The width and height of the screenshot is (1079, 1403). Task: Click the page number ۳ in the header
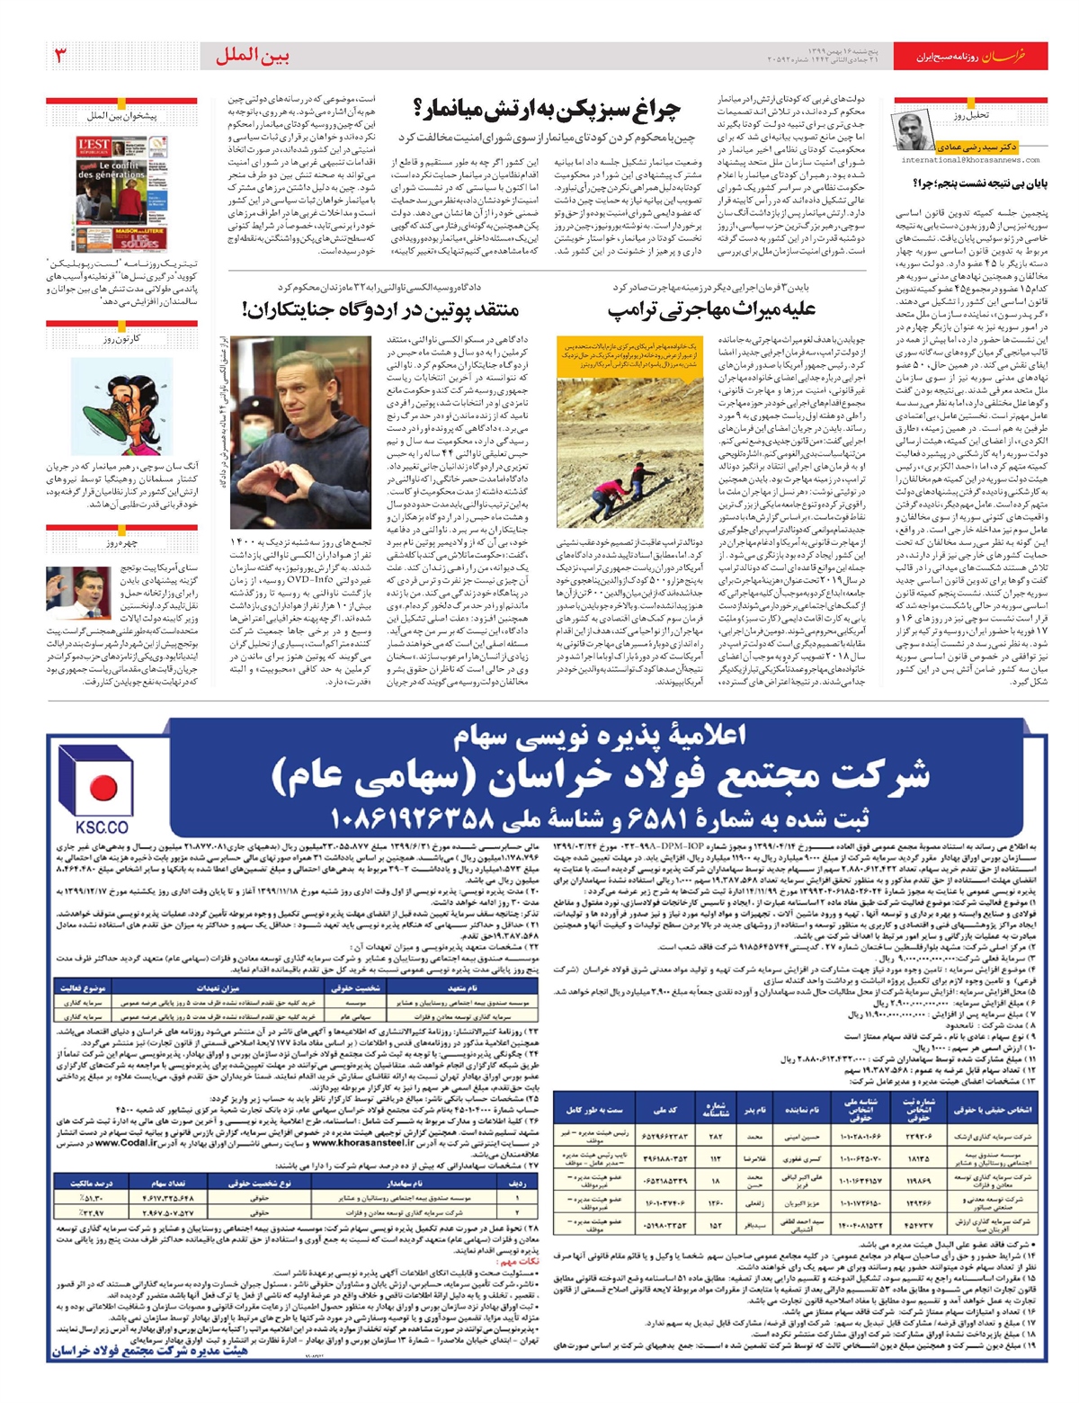point(61,56)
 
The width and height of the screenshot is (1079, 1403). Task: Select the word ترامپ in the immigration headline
point(638,310)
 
